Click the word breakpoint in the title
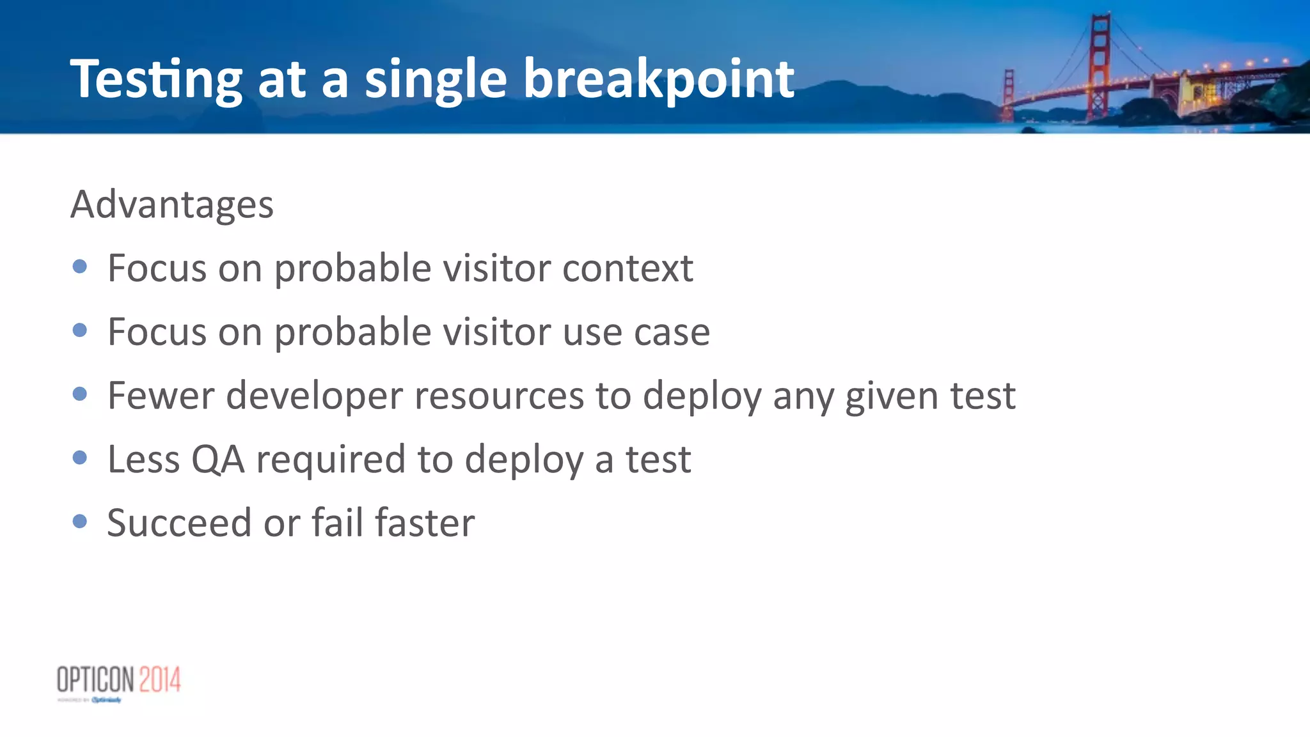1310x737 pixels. (x=659, y=80)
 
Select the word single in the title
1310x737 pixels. (x=436, y=80)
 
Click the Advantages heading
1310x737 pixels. (x=172, y=205)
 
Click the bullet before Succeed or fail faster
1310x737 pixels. (x=80, y=522)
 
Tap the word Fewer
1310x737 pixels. (x=161, y=395)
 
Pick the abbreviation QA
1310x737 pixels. (x=217, y=459)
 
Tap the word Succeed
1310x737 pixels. (x=179, y=523)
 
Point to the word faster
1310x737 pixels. (x=425, y=523)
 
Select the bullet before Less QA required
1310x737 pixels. (x=80, y=458)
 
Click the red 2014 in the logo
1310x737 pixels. (x=160, y=679)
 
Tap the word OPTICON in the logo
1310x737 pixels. (x=96, y=679)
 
